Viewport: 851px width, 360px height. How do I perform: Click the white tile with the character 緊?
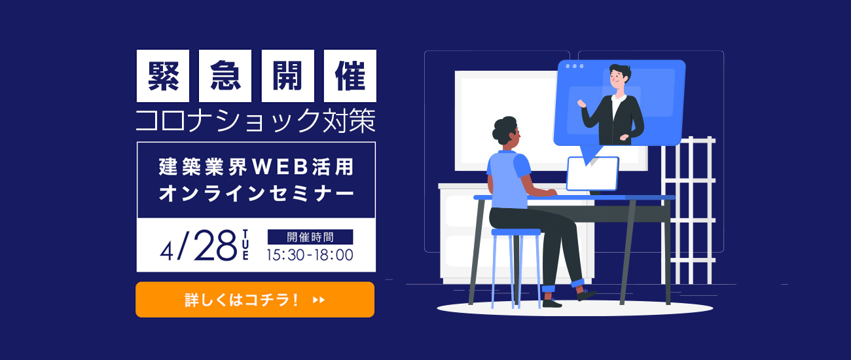163,76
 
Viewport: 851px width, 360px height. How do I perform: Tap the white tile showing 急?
225,76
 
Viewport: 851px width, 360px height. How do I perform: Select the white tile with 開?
288,76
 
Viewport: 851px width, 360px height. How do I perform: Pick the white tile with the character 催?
350,76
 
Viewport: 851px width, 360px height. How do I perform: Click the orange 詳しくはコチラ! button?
255,300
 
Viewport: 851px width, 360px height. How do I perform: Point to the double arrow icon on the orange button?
319,300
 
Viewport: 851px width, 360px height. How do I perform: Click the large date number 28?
215,245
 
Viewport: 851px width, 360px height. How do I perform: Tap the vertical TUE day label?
245,245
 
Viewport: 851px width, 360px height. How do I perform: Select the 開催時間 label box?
310,237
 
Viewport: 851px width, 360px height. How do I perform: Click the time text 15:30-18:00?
310,255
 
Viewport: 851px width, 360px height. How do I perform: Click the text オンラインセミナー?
257,194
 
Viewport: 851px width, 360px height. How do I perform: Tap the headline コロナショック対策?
256,121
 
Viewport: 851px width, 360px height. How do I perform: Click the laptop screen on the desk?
592,173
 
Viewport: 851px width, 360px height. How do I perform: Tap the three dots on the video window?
575,66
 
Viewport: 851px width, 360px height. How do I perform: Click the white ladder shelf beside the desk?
689,210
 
